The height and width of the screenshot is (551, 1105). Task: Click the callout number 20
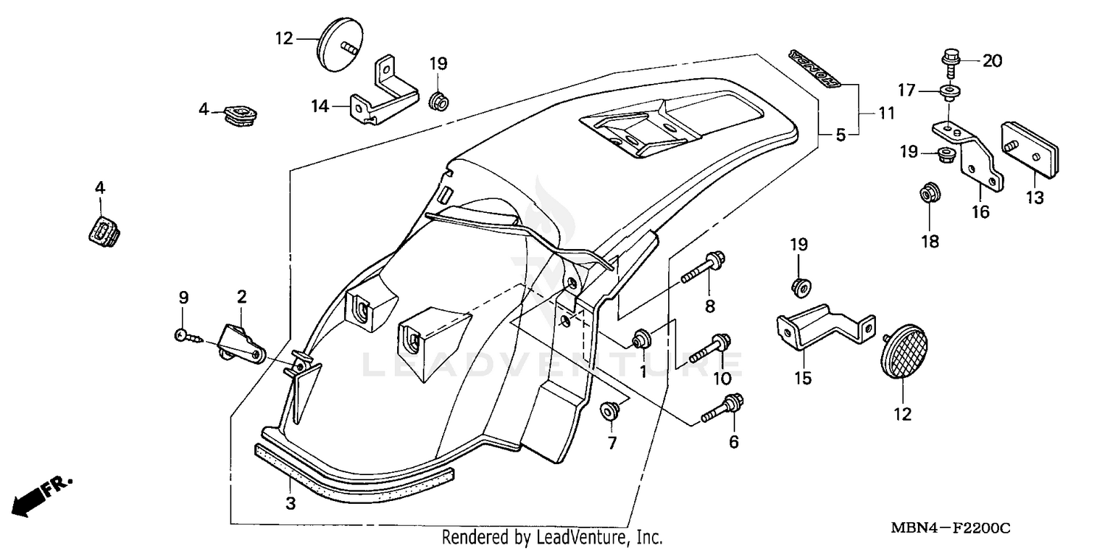(x=992, y=61)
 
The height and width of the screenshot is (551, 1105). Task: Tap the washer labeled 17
(x=949, y=91)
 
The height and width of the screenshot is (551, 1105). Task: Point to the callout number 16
(x=980, y=212)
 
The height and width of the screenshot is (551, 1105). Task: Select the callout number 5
(x=841, y=135)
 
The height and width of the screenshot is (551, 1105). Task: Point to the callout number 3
(x=290, y=504)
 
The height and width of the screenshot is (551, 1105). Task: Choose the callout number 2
(x=242, y=297)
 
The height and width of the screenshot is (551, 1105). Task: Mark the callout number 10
(x=722, y=379)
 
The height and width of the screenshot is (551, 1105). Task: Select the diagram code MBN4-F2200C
(x=950, y=529)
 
